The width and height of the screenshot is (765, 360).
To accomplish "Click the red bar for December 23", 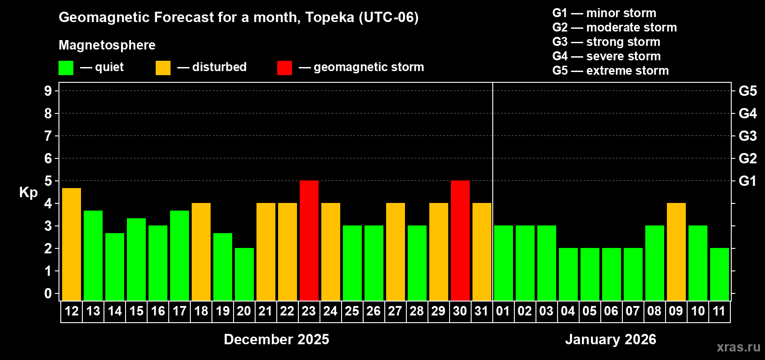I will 309,240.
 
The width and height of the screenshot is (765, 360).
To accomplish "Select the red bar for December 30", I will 460,240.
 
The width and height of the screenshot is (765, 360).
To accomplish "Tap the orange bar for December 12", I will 72,244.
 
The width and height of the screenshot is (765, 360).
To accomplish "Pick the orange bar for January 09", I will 676,252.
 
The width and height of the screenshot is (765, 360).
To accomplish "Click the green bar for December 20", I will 244,274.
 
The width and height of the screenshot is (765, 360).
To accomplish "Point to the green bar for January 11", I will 720,274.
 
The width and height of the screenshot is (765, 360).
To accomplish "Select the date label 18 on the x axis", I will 201,311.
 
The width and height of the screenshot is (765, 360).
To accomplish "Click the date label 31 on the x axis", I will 481,311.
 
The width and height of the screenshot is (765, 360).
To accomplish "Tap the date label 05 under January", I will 589,311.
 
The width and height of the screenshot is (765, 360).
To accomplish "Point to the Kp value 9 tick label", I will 48,91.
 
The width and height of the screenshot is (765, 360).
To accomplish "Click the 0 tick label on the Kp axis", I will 48,293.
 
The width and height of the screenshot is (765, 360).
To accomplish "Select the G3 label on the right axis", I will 747,136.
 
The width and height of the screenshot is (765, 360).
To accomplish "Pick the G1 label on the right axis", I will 747,181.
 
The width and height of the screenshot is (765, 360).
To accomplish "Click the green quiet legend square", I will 66,68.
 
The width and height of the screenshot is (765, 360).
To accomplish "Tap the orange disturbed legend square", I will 163,68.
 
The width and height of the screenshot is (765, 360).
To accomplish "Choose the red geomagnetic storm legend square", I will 284,68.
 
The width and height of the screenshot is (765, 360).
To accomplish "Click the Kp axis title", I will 28,193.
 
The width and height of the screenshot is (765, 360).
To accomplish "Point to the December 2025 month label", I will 276,339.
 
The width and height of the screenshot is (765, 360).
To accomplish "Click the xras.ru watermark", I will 738,347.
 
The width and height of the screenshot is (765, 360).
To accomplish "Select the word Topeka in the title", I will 329,18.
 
